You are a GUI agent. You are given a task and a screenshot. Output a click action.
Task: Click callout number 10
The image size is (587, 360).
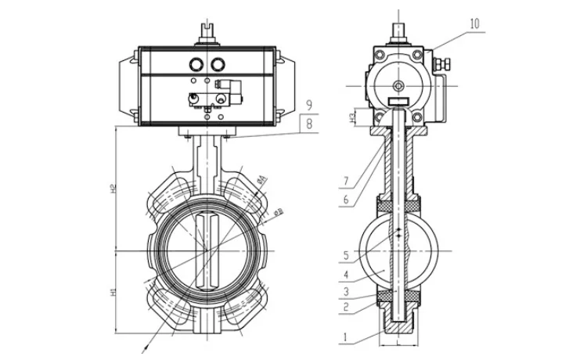tap(474, 24)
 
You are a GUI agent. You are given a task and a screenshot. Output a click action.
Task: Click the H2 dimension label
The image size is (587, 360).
tap(114, 188)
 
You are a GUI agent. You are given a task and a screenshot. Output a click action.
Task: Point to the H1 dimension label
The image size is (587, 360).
tap(114, 291)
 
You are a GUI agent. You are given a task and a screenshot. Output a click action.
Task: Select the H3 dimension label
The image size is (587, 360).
tap(354, 117)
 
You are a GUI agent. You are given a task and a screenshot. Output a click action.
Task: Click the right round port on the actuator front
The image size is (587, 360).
tap(216, 65)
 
